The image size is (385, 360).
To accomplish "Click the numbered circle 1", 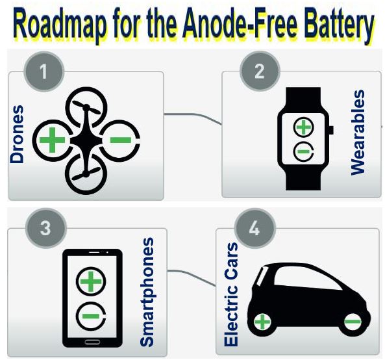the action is pyautogui.click(x=44, y=71).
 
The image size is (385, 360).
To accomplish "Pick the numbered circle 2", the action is pyautogui.click(x=260, y=71).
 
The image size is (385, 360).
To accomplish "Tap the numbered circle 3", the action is pyautogui.click(x=46, y=229).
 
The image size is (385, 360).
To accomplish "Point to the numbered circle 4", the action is pyautogui.click(x=255, y=229).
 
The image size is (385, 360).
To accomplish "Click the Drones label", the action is pyautogui.click(x=17, y=134).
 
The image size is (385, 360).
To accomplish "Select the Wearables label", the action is pyautogui.click(x=358, y=133).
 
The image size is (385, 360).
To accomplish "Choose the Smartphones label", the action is pyautogui.click(x=147, y=292).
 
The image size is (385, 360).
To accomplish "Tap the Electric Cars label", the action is pyautogui.click(x=231, y=294).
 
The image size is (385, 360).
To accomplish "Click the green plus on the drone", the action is pyautogui.click(x=52, y=140).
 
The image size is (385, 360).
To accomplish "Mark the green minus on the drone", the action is pyautogui.click(x=121, y=140).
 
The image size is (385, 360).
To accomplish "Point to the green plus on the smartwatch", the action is pyautogui.click(x=303, y=127).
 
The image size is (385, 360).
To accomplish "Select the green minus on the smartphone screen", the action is pyautogui.click(x=90, y=316).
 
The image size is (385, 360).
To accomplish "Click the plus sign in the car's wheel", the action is pyautogui.click(x=262, y=322).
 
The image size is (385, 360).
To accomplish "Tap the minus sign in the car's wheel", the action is pyautogui.click(x=353, y=322).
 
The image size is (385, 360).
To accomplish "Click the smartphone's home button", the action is pyautogui.click(x=92, y=342).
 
